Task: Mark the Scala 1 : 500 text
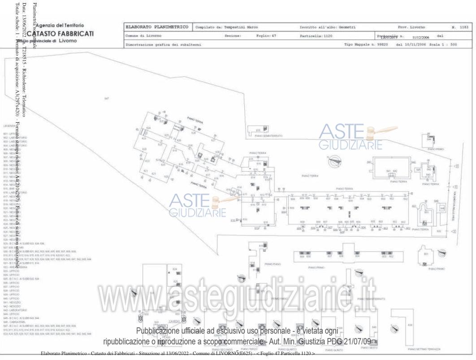pos(443,44)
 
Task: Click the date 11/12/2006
pos(421,38)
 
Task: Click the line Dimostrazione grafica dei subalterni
pos(164,44)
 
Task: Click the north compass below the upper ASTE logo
pos(335,158)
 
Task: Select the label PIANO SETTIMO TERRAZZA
pos(424,348)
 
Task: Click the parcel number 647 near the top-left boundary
pos(107,98)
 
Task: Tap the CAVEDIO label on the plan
pos(174,321)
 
